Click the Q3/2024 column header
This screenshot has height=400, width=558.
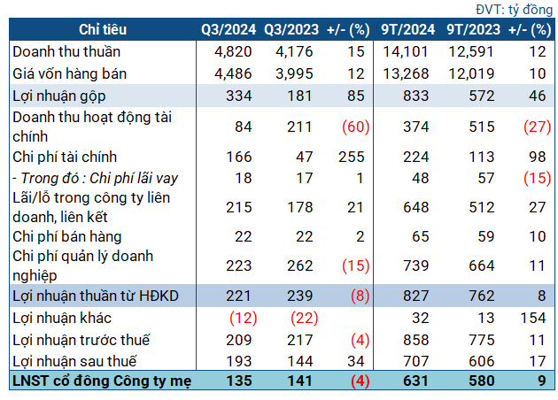pos(229,29)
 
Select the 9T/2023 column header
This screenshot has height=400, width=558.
pos(474,29)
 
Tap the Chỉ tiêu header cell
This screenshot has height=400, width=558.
pos(103,29)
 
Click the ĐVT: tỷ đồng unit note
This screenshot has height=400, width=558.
pos(514,10)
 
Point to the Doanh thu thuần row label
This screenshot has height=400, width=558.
pos(66,52)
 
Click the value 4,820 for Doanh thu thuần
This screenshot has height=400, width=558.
pos(233,52)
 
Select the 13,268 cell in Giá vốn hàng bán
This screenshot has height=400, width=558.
pos(406,74)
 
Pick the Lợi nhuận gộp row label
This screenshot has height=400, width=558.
pos(59,96)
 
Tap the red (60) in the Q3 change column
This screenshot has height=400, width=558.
pos(356,127)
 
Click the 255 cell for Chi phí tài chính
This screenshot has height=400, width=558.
pos(352,158)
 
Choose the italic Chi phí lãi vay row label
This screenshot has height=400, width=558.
pos(96,179)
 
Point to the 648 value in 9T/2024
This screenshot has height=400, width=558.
pos(416,208)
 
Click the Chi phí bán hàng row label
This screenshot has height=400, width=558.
pos(67,237)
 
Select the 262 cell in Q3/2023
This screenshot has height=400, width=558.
pos(300,266)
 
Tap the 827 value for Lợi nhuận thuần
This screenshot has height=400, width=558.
pos(416,296)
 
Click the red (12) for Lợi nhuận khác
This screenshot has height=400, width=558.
pos(244,319)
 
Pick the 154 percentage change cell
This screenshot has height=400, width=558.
pos(533,319)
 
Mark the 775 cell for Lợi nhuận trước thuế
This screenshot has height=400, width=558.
pos(482,341)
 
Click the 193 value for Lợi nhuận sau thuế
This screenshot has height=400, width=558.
pos(239,361)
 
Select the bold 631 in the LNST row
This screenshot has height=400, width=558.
pos(416,381)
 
